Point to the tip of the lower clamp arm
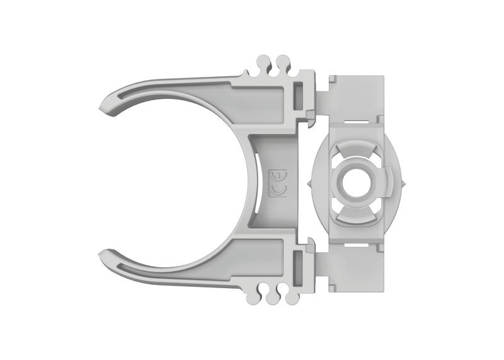pos(105,255)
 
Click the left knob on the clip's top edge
pos(264,63)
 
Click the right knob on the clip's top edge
pos(281,63)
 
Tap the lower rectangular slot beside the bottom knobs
pos(299,263)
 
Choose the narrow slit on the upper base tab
pos(359,118)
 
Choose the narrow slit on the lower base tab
pos(359,243)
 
